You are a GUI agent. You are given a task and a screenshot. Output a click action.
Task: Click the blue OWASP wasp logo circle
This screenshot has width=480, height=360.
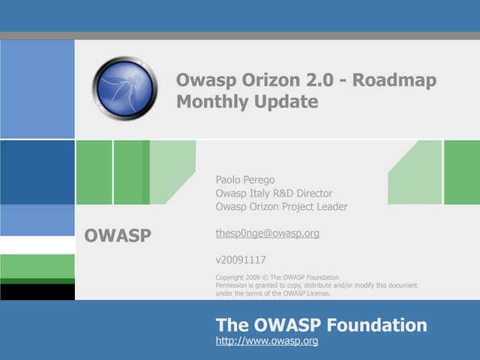tap(124, 88)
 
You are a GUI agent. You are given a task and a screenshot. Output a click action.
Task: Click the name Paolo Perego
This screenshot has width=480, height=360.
tap(245, 180)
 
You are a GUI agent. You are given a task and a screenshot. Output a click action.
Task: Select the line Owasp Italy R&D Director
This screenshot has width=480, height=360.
tap(274, 193)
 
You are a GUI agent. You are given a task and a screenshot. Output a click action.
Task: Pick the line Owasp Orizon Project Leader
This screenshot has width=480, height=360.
tap(281, 207)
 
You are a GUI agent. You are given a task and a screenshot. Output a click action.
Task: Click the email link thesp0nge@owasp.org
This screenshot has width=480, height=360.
tap(267, 233)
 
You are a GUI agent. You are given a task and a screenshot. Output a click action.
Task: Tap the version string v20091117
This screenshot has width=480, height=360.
tap(241, 261)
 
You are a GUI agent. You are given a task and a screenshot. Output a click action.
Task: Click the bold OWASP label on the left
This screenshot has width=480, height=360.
tap(118, 235)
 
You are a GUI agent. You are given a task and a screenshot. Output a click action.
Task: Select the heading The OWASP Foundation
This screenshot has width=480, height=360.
tap(321, 325)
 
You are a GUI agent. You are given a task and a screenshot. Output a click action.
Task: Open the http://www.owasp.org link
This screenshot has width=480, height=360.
tap(267, 341)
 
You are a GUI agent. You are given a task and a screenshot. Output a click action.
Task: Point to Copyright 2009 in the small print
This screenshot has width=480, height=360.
tap(238, 277)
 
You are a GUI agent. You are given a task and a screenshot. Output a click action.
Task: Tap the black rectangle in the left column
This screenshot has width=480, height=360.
tap(37, 291)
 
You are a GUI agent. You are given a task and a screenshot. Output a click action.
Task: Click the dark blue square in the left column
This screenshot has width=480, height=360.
tap(37, 172)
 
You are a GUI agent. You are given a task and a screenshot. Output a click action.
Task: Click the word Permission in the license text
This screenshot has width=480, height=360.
tap(232, 285)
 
